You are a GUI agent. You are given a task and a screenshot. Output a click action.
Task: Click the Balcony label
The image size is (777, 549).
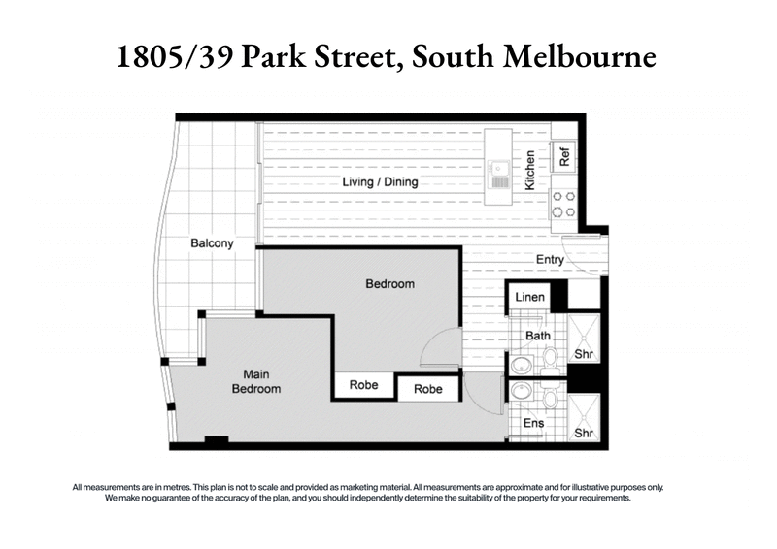(x=212, y=243)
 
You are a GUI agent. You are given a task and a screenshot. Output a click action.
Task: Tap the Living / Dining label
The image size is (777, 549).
(x=379, y=182)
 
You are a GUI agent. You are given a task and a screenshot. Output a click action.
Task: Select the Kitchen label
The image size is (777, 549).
(x=530, y=170)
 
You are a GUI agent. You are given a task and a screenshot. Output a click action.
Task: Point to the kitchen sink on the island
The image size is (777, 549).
(x=500, y=176)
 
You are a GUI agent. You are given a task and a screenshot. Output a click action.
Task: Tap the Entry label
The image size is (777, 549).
(x=550, y=259)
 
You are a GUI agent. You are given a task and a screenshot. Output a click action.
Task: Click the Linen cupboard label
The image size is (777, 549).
(x=529, y=297)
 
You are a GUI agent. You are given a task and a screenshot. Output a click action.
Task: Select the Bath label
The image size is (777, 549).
(x=538, y=337)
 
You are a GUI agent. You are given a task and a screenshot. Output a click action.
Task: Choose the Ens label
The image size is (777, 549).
(x=533, y=424)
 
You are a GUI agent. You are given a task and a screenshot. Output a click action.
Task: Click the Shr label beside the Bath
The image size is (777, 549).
(x=584, y=355)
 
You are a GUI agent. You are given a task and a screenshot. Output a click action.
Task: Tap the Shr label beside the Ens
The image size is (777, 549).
(x=584, y=434)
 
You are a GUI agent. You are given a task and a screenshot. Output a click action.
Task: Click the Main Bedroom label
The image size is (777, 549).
(x=256, y=381)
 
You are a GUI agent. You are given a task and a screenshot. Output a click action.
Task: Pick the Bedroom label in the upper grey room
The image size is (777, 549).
(x=390, y=284)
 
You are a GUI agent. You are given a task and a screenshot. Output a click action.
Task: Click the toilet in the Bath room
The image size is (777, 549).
(x=549, y=358)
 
